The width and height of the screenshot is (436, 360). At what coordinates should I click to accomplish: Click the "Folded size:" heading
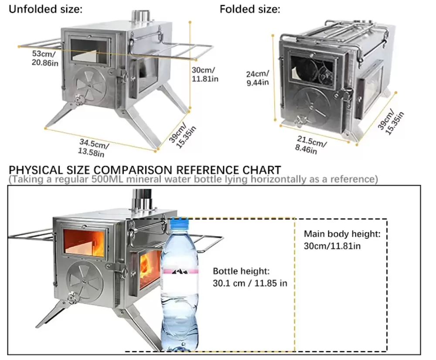click(x=250, y=9)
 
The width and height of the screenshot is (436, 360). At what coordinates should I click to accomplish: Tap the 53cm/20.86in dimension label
click(x=44, y=58)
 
